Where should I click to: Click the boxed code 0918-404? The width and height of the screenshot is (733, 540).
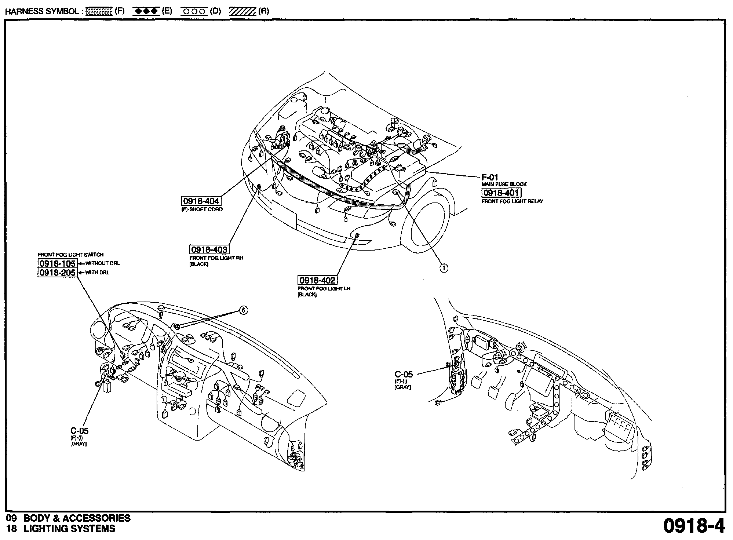pyautogui.click(x=201, y=201)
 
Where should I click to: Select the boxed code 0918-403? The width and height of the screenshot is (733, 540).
pyautogui.click(x=209, y=249)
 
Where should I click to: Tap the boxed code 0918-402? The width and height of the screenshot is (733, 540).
pyautogui.click(x=317, y=280)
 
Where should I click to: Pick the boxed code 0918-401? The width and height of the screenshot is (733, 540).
pyautogui.click(x=501, y=193)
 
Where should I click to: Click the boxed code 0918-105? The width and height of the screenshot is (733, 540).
pyautogui.click(x=57, y=263)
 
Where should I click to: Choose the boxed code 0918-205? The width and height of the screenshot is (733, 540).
pyautogui.click(x=57, y=273)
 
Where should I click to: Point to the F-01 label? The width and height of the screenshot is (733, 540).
pyautogui.click(x=490, y=178)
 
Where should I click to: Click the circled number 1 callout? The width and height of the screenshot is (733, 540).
pyautogui.click(x=444, y=268)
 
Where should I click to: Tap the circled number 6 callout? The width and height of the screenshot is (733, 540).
pyautogui.click(x=243, y=310)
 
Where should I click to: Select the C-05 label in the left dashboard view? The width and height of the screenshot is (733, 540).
pyautogui.click(x=80, y=431)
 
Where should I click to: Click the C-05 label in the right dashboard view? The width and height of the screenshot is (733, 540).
pyautogui.click(x=404, y=375)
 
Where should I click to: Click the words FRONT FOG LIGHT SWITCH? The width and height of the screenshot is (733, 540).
pyautogui.click(x=71, y=255)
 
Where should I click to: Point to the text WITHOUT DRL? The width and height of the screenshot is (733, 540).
pyautogui.click(x=102, y=263)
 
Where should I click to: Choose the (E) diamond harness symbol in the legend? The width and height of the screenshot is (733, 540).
pyautogui.click(x=146, y=11)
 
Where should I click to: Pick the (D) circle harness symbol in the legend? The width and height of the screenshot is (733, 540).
pyautogui.click(x=194, y=11)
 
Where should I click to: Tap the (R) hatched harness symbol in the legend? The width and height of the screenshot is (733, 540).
pyautogui.click(x=242, y=11)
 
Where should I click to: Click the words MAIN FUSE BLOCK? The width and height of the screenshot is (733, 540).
pyautogui.click(x=504, y=184)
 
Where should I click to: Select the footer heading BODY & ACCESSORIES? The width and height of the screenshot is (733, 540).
pyautogui.click(x=77, y=518)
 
